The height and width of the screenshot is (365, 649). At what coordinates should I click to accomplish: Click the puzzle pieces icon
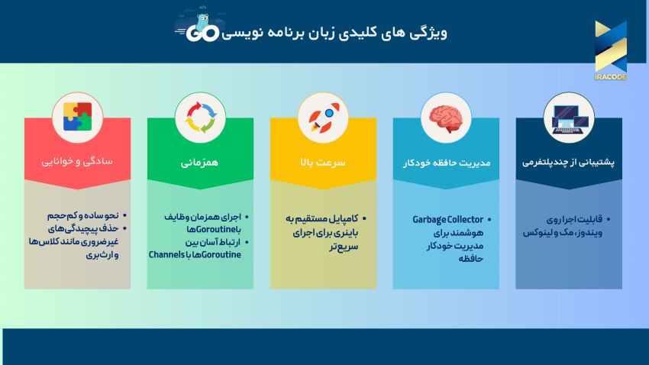pos(77,118)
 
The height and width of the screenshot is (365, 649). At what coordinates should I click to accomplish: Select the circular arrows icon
pos(200,118)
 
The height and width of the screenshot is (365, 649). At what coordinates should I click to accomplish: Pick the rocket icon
pos(323,118)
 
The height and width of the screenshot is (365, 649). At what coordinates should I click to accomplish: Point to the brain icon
pos(446,118)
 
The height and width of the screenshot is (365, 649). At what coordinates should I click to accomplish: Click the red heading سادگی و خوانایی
pos(77,162)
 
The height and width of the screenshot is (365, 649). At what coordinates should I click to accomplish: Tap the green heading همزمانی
pos(200,162)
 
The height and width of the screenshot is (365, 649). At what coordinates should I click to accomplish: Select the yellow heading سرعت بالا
pos(323,162)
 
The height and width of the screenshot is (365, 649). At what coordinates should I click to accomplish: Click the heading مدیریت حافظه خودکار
pos(446,162)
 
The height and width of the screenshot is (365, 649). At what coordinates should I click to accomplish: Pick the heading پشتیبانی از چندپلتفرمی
pos(569,162)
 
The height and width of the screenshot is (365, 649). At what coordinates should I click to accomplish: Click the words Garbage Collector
pos(448,219)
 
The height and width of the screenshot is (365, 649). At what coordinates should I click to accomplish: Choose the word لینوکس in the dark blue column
pos(540,232)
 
